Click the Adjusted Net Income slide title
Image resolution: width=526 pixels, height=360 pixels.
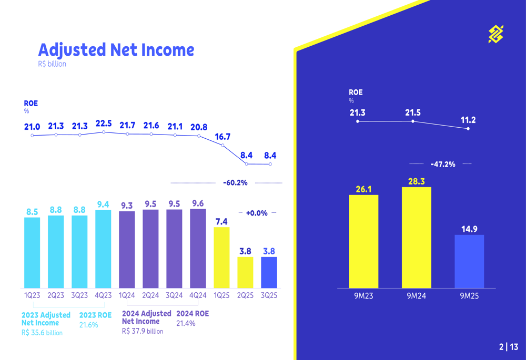pos(116,50)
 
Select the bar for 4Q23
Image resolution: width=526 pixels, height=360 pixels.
pos(103,249)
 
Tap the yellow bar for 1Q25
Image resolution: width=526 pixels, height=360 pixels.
pos(221,258)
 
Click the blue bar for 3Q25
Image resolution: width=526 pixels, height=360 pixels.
pos(269,272)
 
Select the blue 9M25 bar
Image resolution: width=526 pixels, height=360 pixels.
pos(469,261)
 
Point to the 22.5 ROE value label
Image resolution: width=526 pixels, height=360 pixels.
pos(104,124)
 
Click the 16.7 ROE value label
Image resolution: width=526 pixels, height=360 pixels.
pos(222,137)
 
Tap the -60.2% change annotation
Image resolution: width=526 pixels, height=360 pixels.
pos(235,183)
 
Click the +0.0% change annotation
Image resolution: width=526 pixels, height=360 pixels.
pos(257,213)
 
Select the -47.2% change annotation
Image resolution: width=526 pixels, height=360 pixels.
pos(442,164)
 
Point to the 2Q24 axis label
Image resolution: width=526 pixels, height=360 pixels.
pos(150,295)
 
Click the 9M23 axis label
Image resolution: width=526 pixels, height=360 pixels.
pos(363,296)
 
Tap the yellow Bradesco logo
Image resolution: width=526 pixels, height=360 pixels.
pos(495,34)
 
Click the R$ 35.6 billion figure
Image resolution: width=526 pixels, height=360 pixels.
pos(42,333)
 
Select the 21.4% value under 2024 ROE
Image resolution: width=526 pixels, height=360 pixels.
pos(186,323)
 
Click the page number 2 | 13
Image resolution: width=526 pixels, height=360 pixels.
pos(508,347)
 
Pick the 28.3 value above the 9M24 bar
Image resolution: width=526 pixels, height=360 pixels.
pos(416,181)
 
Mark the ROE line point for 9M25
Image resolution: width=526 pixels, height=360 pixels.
pos(468,129)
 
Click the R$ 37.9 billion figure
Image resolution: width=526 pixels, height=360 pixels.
pos(143,331)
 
